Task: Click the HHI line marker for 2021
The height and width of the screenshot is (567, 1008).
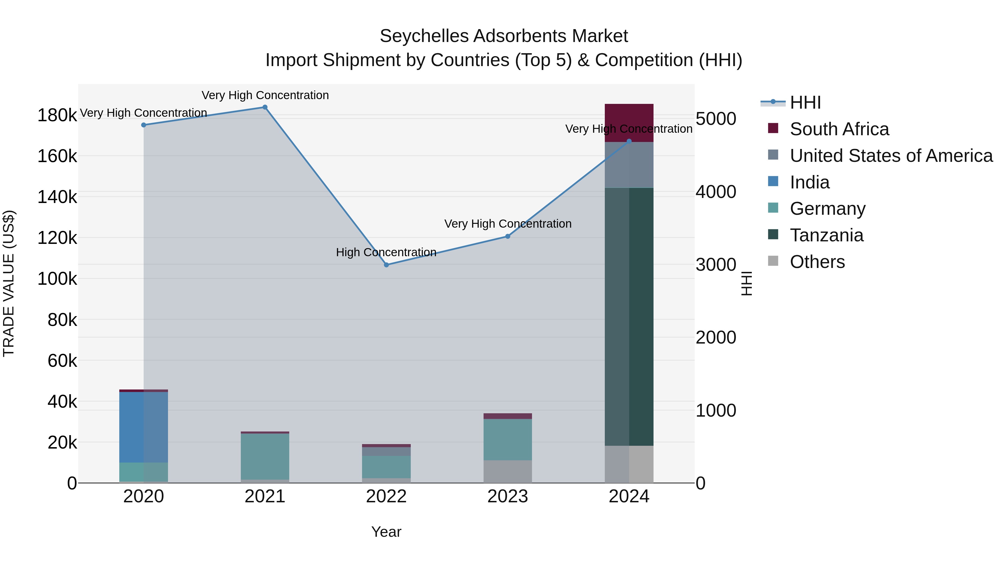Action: (x=265, y=107)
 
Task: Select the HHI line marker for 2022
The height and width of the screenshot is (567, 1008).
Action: (x=386, y=265)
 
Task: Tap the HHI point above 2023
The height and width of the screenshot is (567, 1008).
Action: (x=508, y=236)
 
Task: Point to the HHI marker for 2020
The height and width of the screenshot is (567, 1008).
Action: (x=144, y=125)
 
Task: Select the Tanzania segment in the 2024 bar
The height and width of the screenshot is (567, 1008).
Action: (x=629, y=317)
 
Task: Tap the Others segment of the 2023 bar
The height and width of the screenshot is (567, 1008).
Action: (x=508, y=472)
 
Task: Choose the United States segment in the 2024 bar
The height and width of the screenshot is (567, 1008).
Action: (x=629, y=165)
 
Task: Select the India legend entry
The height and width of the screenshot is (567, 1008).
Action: (x=809, y=182)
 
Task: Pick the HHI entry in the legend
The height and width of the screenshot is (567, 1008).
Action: (x=805, y=102)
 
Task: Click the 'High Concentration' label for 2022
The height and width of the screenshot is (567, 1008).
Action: (x=386, y=252)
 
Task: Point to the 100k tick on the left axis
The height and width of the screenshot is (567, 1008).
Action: (x=57, y=279)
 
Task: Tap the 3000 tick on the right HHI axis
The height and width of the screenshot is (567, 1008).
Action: (x=716, y=265)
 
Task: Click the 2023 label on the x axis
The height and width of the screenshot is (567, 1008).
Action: (x=508, y=496)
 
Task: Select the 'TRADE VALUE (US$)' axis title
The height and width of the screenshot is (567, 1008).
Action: (x=9, y=283)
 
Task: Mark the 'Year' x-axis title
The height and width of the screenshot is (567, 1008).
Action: (x=386, y=532)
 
